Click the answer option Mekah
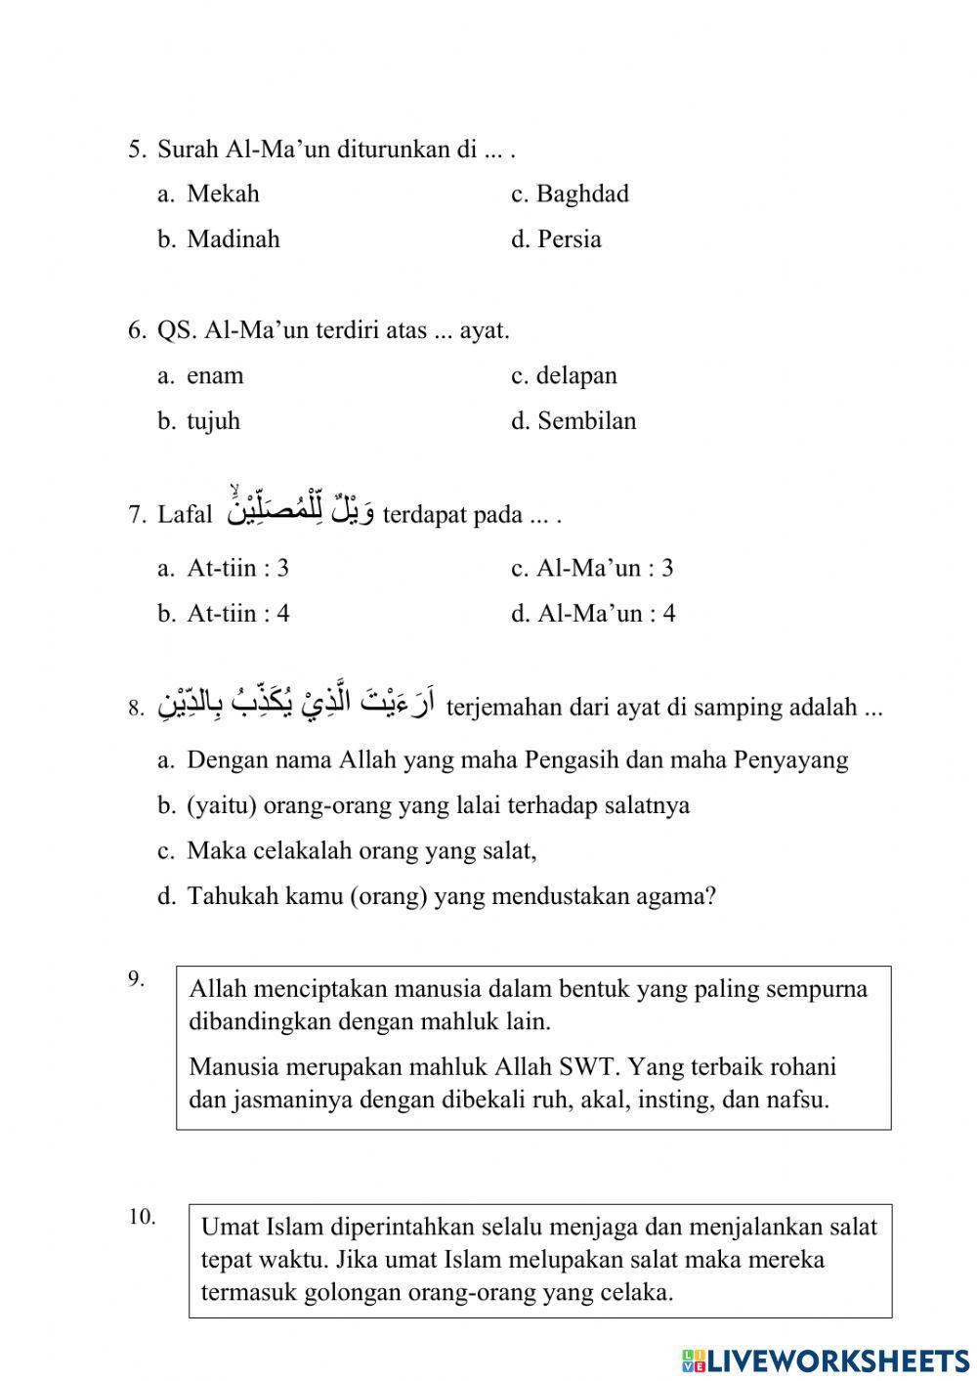point(223,194)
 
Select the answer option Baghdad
point(581,194)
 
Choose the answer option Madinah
point(233,239)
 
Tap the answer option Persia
point(569,239)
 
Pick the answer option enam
point(215,375)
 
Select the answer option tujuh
point(213,421)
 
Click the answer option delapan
point(576,375)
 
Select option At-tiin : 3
point(237,568)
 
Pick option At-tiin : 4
point(237,614)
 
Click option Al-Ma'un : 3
point(605,568)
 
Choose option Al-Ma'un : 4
point(606,614)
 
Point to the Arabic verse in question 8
point(296,702)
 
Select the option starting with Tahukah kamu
point(450,896)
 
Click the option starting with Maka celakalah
point(361,850)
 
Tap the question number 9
point(137,978)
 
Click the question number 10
point(142,1217)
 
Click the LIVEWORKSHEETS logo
point(826,1359)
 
